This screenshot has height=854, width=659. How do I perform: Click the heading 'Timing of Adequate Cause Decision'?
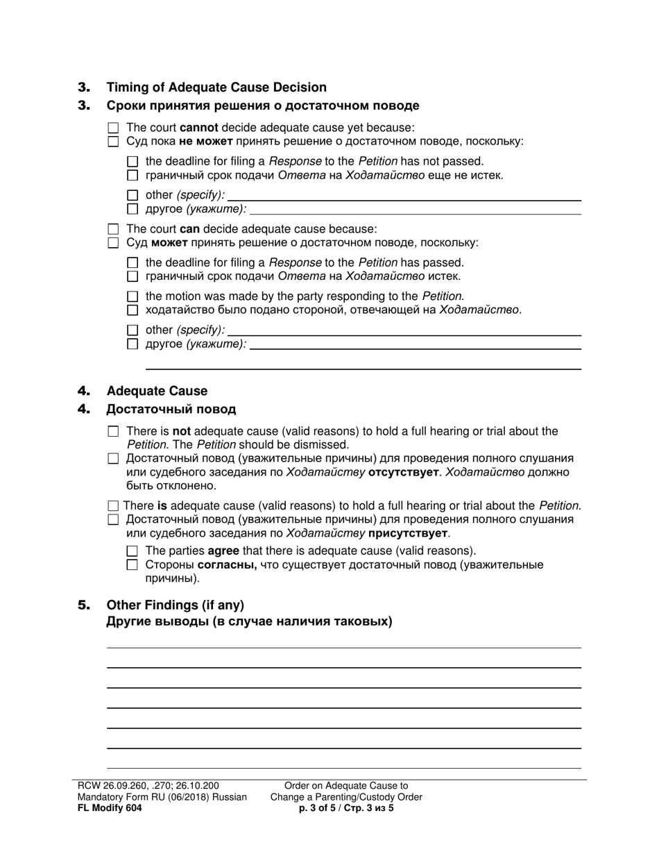(x=216, y=87)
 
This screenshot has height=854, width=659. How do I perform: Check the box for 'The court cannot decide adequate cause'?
(x=114, y=128)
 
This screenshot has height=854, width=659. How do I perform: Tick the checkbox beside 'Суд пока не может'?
(x=114, y=142)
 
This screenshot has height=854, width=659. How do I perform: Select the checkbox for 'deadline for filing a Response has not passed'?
(x=133, y=162)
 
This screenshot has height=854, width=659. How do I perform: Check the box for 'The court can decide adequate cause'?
(x=114, y=229)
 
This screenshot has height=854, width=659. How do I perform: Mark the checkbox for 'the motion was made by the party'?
(x=133, y=296)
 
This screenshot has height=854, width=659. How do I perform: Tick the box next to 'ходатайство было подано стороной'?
(x=133, y=310)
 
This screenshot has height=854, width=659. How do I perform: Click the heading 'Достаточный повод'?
(x=171, y=409)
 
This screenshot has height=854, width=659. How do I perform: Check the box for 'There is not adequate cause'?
(x=114, y=432)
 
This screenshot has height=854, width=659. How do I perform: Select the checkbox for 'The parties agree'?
(x=133, y=551)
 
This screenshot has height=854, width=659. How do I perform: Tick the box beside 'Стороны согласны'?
(x=133, y=565)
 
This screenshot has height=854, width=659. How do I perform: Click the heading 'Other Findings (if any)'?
(x=175, y=605)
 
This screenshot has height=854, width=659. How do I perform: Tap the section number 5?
(x=84, y=605)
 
